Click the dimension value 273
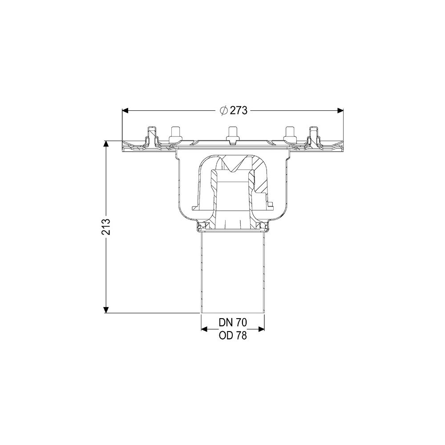[239, 110]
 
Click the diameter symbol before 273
[224, 110]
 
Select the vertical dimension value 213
[106, 227]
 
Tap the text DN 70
[233, 322]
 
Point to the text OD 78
[233, 336]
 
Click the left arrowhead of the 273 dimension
[125, 110]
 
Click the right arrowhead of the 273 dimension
[340, 110]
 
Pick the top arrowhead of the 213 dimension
[106, 144]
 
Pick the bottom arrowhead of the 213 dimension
[106, 310]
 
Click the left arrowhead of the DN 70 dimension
[205, 329]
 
